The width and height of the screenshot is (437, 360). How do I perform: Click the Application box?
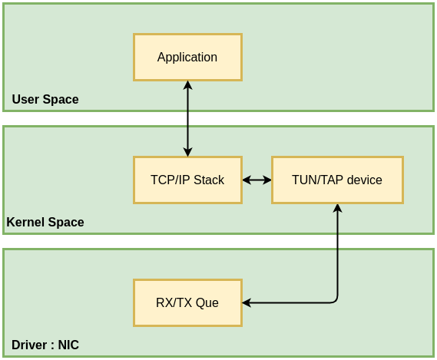(187, 57)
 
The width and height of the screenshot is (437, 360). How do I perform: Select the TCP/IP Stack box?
(187, 180)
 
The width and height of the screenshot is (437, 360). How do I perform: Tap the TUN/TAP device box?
(337, 180)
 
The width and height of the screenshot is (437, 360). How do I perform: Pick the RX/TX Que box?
(187, 302)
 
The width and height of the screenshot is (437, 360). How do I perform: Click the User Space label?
(45, 100)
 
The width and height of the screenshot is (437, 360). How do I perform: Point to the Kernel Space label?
(45, 223)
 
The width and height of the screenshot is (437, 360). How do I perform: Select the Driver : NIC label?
(45, 345)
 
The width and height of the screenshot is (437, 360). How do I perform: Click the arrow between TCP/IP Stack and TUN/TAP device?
(257, 180)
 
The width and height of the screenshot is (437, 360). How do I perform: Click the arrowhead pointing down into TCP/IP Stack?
(187, 152)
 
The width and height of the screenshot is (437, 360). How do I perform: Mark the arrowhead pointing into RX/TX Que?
(247, 302)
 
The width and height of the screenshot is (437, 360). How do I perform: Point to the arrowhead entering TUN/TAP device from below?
(337, 208)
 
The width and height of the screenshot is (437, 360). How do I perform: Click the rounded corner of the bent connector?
(335, 300)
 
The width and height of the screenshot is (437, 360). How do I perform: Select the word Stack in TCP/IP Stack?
(208, 180)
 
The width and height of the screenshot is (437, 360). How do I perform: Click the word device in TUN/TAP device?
(365, 180)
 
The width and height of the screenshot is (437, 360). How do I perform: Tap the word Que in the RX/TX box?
(207, 302)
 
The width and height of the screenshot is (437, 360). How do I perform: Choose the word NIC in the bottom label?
(68, 345)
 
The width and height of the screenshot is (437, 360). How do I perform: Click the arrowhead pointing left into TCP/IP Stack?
(247, 180)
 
